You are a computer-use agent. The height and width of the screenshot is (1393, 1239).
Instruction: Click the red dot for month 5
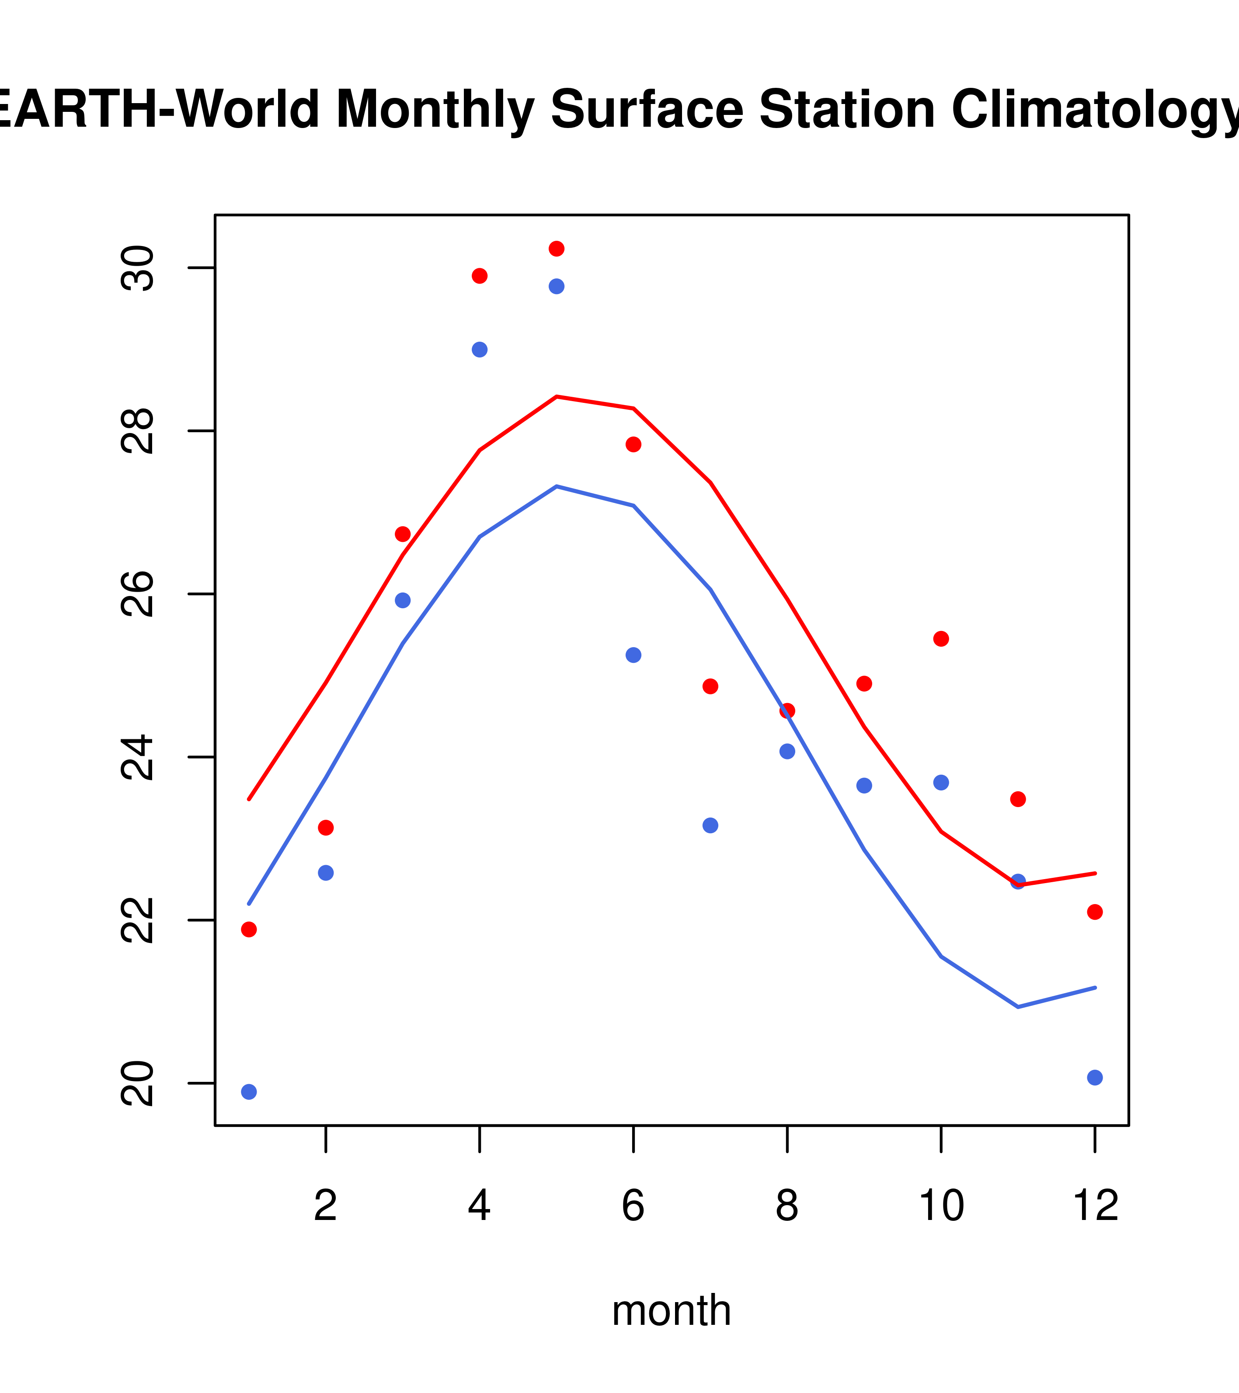(557, 249)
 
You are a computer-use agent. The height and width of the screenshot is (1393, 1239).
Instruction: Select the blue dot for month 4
(479, 350)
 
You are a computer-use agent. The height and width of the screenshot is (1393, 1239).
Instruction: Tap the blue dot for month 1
(249, 1092)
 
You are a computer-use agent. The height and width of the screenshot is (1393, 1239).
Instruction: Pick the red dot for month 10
(941, 638)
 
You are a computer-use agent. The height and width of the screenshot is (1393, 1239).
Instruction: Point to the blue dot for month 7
(710, 825)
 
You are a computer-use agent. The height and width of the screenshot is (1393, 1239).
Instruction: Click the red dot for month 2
(326, 827)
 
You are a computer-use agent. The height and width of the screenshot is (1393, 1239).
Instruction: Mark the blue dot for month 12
(1094, 1078)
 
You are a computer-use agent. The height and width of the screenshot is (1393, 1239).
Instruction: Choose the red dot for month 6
(633, 444)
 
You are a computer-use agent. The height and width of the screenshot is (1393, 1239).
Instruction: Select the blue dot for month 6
(633, 655)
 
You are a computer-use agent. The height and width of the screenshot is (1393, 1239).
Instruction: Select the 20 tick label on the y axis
(137, 1083)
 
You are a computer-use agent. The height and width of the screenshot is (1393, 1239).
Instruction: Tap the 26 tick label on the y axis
(137, 594)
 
